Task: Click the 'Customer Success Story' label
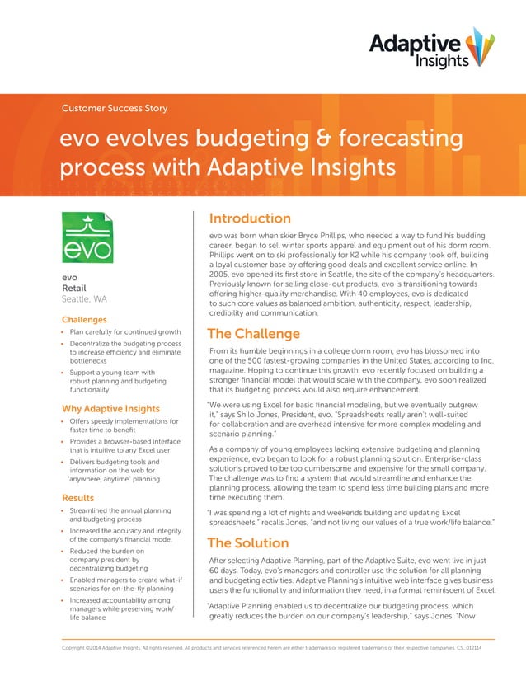click(x=115, y=108)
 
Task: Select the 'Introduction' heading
click(x=249, y=218)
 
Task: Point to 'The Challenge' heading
click(x=253, y=334)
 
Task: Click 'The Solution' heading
click(x=247, y=543)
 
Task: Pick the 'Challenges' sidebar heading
click(x=84, y=319)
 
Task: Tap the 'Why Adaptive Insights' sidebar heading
click(x=110, y=408)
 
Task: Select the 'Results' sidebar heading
click(x=78, y=498)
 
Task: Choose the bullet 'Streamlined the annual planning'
click(x=120, y=511)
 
